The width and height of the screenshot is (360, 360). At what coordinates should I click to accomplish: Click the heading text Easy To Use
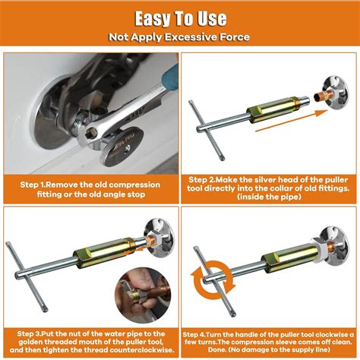tap(179, 17)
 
